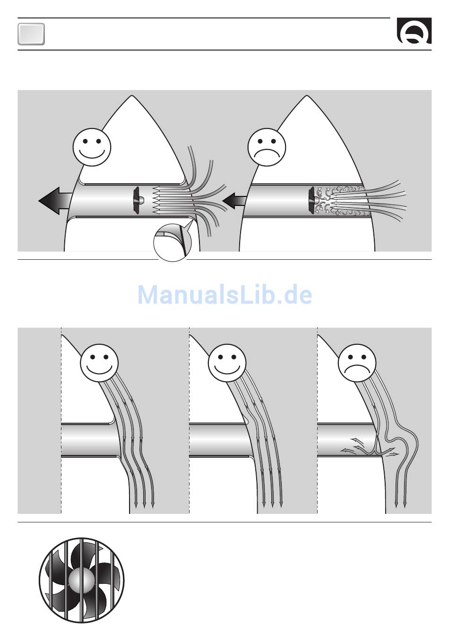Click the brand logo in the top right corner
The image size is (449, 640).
coord(414,31)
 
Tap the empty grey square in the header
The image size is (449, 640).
coord(31,34)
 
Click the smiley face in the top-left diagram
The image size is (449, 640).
coord(92,147)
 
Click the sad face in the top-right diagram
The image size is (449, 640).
coord(267,147)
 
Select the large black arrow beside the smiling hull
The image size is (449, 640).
coord(55,201)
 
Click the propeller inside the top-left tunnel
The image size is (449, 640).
coord(138,201)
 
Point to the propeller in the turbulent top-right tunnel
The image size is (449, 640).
coord(313,201)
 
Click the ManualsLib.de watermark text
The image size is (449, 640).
coord(224,295)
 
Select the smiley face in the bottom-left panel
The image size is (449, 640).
coord(99,363)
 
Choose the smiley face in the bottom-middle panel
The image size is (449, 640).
coord(227,363)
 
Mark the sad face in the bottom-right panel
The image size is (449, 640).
coord(357,363)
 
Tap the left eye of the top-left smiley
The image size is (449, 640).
coord(85,141)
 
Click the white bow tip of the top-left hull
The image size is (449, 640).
coord(131,96)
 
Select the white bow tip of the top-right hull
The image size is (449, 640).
coord(307,96)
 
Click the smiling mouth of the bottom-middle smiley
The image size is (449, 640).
coord(227,370)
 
